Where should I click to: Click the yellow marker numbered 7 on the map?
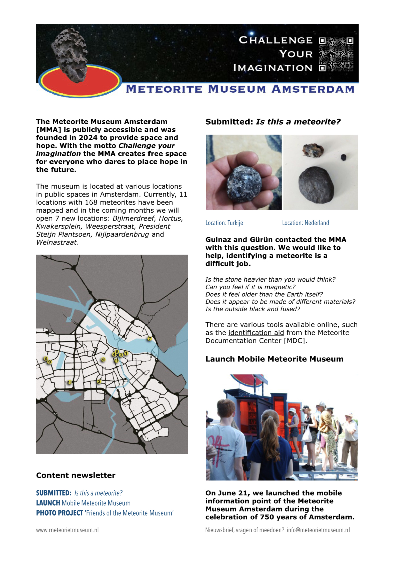[150, 339]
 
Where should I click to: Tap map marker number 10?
[70, 382]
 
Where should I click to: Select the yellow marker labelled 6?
[103, 360]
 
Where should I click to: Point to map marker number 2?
[99, 381]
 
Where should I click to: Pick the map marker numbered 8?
[46, 359]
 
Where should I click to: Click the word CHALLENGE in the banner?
[276, 40]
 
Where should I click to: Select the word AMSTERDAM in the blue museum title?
[313, 89]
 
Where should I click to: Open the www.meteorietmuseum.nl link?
[67, 530]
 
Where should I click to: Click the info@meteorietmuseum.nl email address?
[318, 530]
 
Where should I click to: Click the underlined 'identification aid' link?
[256, 333]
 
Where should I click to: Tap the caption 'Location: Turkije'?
[224, 223]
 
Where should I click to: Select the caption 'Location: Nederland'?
[305, 223]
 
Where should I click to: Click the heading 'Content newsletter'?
[76, 475]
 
